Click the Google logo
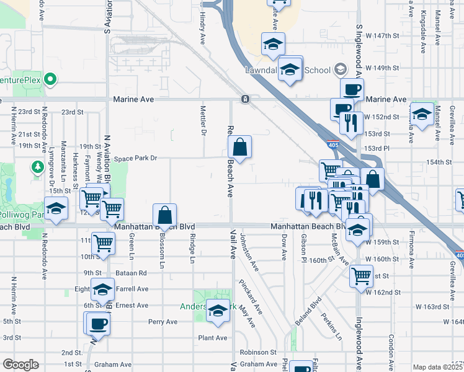click(x=20, y=365)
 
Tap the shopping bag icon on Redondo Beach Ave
click(x=240, y=148)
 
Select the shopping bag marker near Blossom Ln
click(x=165, y=216)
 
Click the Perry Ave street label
click(x=163, y=322)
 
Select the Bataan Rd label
click(x=131, y=273)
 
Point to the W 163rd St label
click(x=432, y=306)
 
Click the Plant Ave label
click(x=213, y=338)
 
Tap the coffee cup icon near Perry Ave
click(x=97, y=323)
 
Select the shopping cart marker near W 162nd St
click(x=361, y=275)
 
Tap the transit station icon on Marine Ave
click(x=246, y=99)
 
